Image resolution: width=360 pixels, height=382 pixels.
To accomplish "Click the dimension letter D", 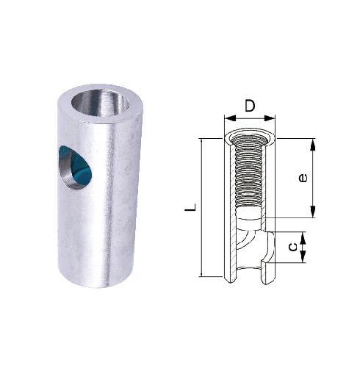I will pos(250,107).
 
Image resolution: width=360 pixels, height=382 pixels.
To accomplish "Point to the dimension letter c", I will pos(292,247).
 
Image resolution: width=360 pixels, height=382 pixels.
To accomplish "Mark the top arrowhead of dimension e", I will pos(314,142).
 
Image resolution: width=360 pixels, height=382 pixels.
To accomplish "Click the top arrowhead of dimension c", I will pos(303,234).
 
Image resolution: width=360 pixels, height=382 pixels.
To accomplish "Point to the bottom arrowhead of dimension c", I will pos(303,259).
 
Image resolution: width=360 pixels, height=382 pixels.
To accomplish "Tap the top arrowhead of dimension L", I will pos(201,142).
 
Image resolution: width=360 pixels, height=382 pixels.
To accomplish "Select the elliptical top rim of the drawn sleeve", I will pos(250,135).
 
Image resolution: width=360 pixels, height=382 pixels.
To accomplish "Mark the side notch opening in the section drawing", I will pos(269,247).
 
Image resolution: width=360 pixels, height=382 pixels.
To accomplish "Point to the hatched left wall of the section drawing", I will pos(228,206).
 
